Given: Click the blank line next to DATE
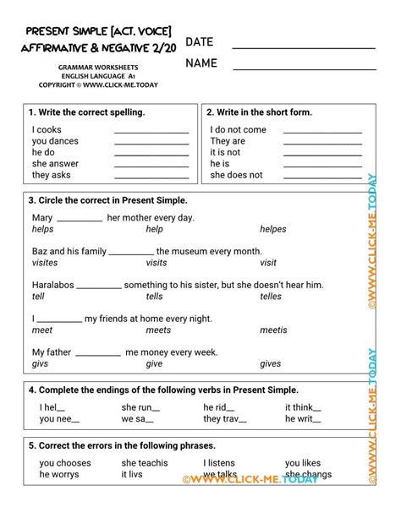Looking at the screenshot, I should [x=305, y=47].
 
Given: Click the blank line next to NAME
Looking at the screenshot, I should [x=305, y=68].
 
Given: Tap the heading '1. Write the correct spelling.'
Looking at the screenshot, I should [x=86, y=112].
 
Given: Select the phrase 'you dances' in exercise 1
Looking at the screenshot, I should [x=55, y=141].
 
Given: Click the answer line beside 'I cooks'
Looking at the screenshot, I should [x=151, y=132].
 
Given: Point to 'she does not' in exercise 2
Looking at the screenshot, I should [x=236, y=175].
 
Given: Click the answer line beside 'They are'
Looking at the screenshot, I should [x=321, y=143].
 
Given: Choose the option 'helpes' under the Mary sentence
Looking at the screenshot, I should [x=273, y=229].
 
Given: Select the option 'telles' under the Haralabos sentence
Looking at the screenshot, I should [x=271, y=297].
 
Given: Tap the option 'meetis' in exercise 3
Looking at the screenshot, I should [x=273, y=330].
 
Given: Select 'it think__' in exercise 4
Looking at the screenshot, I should [x=305, y=406].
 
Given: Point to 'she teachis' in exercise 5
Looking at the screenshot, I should [x=145, y=463].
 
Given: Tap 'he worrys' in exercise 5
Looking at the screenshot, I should [x=60, y=475].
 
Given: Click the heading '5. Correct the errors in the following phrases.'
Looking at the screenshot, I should [x=122, y=445].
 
